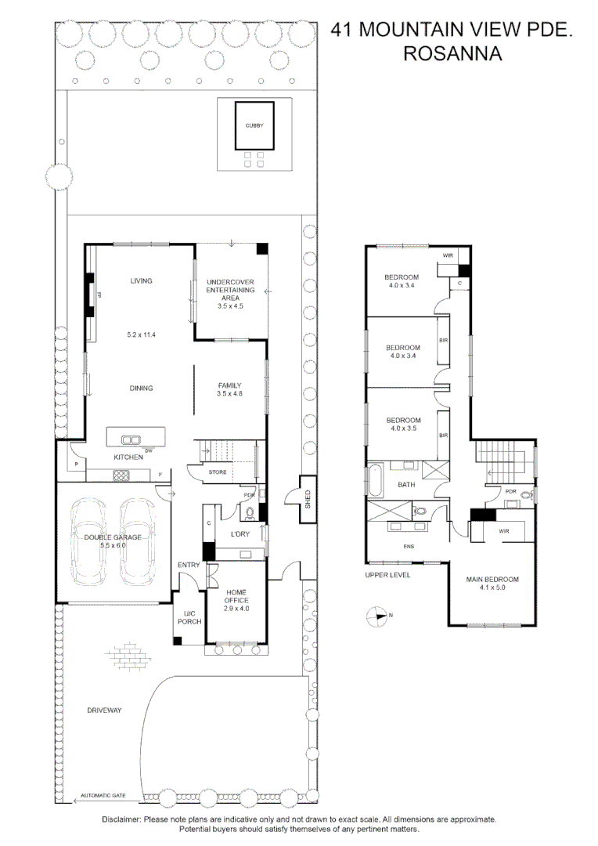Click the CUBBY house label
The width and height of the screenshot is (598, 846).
(254, 125)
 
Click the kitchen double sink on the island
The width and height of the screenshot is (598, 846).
(131, 439)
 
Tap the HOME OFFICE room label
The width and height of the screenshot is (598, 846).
(236, 600)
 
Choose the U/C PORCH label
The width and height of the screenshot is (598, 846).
(189, 618)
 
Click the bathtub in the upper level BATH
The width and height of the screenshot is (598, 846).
(374, 480)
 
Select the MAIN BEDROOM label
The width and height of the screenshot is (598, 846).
(492, 580)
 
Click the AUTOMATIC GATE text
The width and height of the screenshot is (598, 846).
(103, 795)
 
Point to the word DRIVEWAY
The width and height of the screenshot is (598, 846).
(104, 710)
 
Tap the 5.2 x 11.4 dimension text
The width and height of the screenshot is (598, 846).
(141, 334)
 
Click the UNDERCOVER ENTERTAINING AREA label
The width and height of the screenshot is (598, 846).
(230, 290)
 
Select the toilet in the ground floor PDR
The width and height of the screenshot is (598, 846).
(250, 513)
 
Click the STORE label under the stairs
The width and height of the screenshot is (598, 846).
(218, 472)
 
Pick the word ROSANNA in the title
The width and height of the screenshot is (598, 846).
(452, 53)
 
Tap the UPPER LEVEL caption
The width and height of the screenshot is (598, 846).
(387, 575)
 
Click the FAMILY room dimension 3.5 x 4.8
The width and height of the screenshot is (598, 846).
(229, 393)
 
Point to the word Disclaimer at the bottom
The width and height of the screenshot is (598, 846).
(121, 819)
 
